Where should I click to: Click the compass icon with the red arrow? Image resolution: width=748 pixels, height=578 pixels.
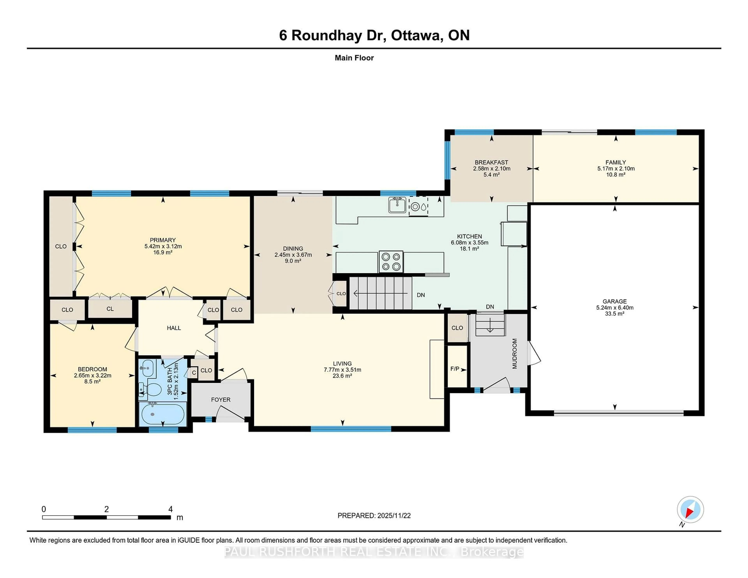point(690,509)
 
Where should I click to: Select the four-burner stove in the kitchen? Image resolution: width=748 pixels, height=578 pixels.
point(391,262)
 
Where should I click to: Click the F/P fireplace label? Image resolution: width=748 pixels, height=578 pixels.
point(454,369)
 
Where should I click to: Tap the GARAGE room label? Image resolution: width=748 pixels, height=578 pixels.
point(614,301)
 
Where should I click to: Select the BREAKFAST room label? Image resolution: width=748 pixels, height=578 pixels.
point(491,162)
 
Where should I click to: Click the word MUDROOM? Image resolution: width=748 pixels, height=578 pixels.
point(514,353)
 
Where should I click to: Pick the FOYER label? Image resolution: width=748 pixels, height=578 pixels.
point(221,400)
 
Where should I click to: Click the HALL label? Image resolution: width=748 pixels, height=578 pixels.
point(174,328)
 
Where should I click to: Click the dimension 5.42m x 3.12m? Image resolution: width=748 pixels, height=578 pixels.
point(163,246)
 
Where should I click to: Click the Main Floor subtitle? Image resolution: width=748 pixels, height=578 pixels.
point(354,58)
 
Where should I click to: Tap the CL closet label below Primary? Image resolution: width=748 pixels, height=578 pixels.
point(110,309)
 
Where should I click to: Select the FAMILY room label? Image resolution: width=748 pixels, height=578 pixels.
point(616,162)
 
